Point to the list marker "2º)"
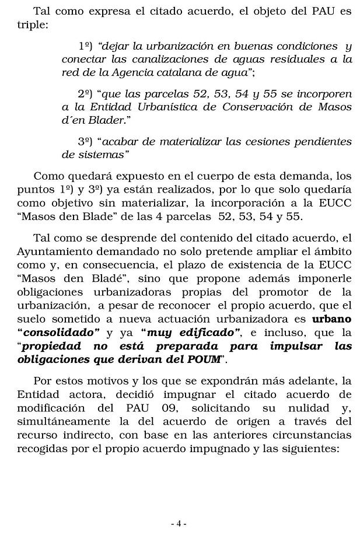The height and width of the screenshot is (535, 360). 86,93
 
